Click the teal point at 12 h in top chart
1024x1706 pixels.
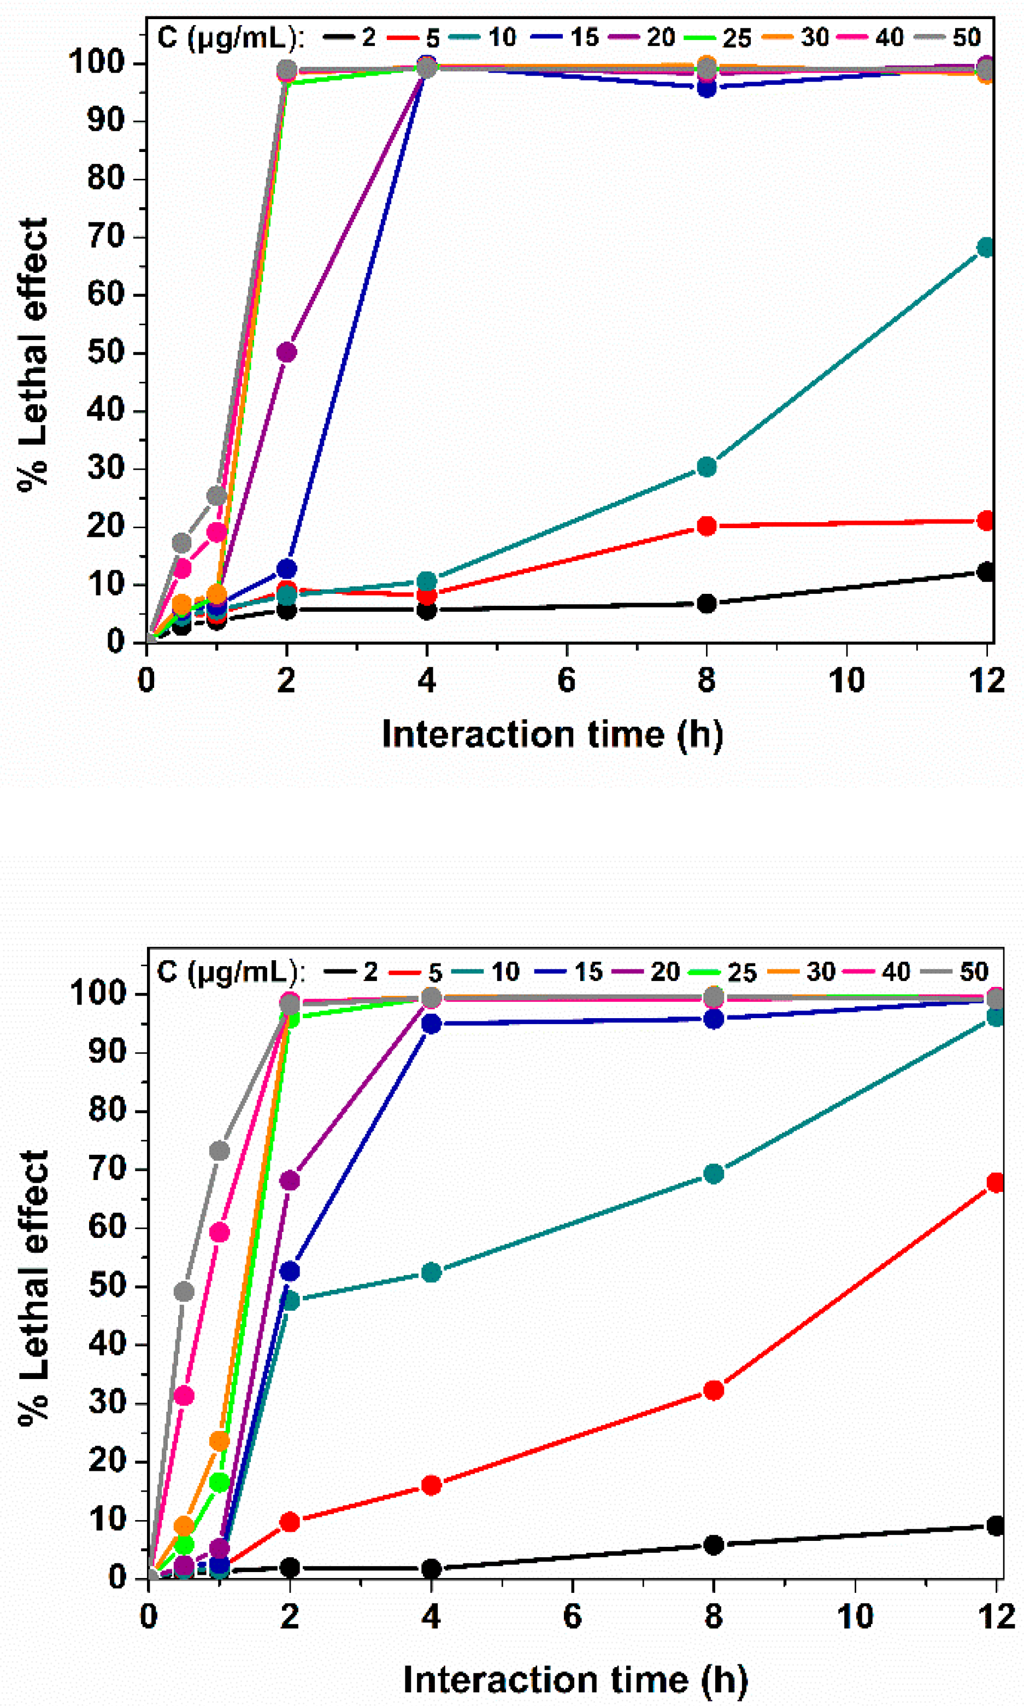tap(986, 247)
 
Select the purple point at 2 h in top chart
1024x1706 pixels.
tap(286, 352)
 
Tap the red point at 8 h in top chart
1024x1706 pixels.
tap(706, 526)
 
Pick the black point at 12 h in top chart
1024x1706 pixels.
tap(986, 571)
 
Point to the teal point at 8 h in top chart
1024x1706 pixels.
tap(706, 467)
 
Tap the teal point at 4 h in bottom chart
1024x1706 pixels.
tap(431, 1272)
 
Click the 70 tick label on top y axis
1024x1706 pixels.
tap(105, 237)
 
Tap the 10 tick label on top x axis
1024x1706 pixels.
tap(846, 681)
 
